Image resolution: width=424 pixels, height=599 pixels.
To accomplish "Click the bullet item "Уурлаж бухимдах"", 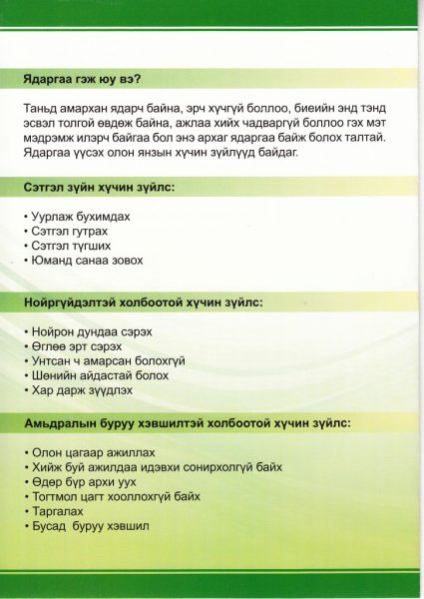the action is [80, 216].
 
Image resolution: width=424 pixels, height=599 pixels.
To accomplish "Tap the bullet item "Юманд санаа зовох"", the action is [86, 261].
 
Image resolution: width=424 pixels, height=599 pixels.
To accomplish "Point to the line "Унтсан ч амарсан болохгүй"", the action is [104, 360].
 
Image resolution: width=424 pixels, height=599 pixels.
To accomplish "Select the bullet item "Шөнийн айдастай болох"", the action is [96, 375].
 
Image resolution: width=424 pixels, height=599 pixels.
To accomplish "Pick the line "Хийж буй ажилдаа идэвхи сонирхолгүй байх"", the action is [155, 466].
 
